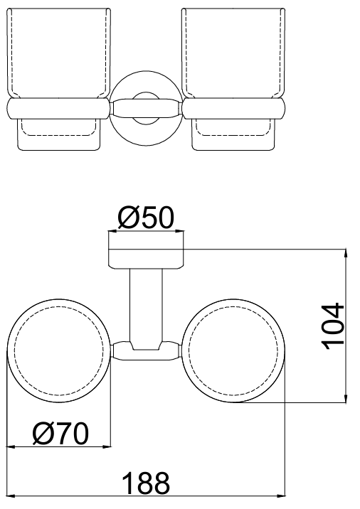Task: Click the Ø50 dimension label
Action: pos(146,218)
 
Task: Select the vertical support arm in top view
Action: pos(146,306)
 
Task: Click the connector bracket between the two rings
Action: pos(146,351)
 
